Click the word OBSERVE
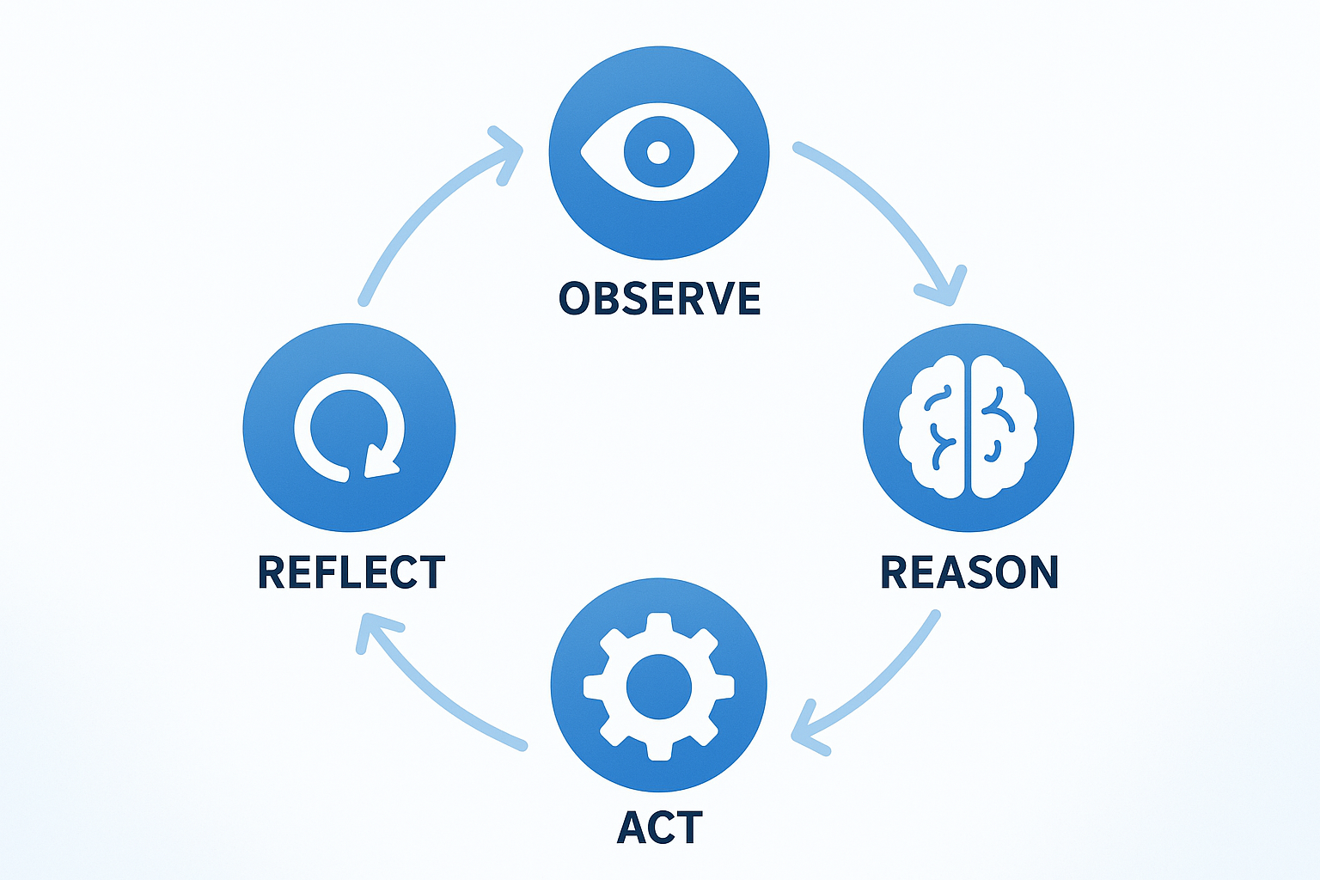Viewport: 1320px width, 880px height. [x=659, y=298]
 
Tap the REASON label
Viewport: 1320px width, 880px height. [x=969, y=572]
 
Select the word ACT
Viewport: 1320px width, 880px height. [x=659, y=828]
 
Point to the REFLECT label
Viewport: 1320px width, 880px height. [x=351, y=572]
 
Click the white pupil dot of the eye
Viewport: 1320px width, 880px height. [x=658, y=153]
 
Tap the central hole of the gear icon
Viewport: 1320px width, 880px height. [x=659, y=687]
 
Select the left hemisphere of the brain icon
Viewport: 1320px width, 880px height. [x=932, y=427]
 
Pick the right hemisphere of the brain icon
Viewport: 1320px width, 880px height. [x=1005, y=427]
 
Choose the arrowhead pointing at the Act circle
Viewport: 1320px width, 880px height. [x=804, y=731]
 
